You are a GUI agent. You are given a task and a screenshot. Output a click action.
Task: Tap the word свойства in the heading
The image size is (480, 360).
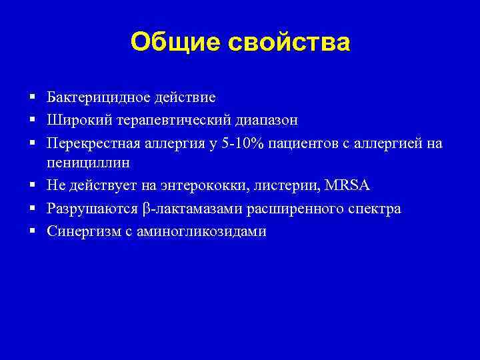click(x=289, y=42)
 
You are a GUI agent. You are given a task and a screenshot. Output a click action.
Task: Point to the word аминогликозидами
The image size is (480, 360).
click(x=204, y=231)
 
